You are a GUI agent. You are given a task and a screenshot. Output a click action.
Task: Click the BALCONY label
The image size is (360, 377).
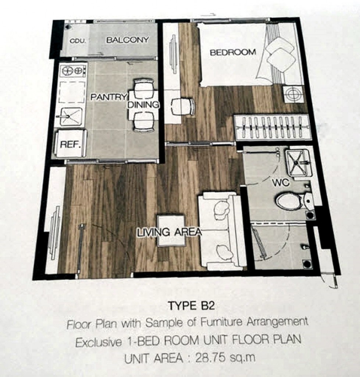[127, 40]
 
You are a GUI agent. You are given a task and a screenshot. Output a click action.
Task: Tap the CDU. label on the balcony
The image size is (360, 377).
[78, 41]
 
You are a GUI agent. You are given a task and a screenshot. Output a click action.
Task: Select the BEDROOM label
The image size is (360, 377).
[233, 52]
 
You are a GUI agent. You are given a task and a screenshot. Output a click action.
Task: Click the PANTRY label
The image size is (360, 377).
[108, 97]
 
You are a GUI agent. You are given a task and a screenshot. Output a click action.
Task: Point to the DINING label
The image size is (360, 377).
[143, 105]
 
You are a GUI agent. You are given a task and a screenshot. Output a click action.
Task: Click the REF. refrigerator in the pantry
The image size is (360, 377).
[70, 144]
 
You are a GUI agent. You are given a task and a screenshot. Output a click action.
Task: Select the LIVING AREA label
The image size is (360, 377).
[169, 232]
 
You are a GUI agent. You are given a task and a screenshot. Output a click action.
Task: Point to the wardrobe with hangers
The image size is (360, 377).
[272, 127]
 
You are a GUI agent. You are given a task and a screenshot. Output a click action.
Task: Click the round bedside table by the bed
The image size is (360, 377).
[293, 94]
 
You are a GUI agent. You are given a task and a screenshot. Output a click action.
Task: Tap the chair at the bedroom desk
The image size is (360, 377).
[183, 107]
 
